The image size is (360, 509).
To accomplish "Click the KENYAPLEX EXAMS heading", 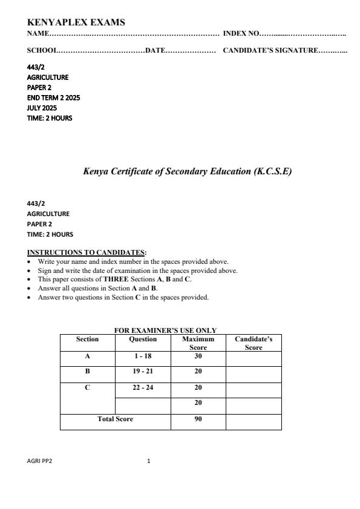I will coord(76,22).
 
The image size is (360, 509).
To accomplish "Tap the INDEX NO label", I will coord(241,34).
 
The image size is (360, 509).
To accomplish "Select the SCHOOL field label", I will coord(42,51).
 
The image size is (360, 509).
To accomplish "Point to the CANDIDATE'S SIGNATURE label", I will coord(270,51).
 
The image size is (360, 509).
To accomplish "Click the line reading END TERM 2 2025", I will coord(53,97).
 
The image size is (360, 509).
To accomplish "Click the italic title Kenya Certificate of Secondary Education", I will coord(187,171).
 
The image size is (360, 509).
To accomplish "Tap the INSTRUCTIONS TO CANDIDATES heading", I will coord(87,252).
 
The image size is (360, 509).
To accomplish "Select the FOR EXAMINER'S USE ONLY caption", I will coord(165,330).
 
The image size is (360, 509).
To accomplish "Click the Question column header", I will coord(143,340).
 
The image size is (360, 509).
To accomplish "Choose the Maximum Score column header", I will coord(198,343).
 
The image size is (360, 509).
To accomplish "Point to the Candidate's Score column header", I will coord(254,343).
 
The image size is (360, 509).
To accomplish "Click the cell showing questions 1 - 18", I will coord(143,356).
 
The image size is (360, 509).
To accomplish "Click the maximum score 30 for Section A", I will coord(198,356).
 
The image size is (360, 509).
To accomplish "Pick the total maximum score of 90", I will coord(198,419).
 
